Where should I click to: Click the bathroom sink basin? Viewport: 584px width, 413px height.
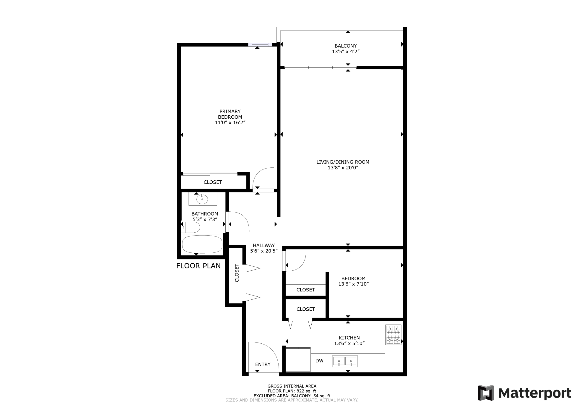point(202,199)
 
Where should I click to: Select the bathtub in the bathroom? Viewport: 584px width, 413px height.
point(202,244)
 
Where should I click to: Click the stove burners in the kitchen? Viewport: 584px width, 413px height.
point(393,335)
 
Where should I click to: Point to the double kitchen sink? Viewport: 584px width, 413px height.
point(345,361)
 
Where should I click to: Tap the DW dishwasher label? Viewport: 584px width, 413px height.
point(319,361)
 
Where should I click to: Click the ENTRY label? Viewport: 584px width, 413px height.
point(263,364)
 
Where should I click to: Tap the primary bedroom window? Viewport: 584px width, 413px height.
point(260,44)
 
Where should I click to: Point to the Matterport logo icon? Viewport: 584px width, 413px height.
point(486,393)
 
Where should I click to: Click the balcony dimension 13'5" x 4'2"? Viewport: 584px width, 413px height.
point(346,52)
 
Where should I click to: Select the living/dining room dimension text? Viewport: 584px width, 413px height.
point(343,168)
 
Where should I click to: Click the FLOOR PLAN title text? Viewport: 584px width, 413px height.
point(198,266)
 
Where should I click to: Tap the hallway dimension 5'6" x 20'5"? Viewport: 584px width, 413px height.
point(264,251)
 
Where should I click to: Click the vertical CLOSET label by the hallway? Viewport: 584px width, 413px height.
point(237,273)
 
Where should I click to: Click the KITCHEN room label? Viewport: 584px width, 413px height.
point(349,338)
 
